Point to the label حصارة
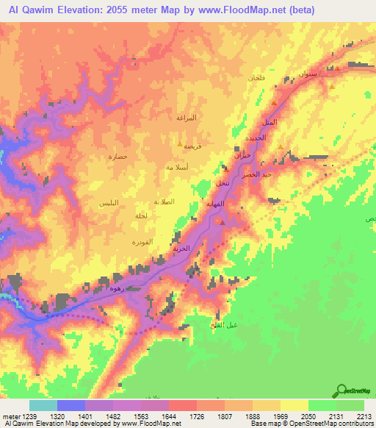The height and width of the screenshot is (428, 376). click(x=118, y=157)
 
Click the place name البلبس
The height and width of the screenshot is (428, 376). click(x=111, y=201)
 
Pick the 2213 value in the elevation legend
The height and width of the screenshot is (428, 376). click(x=360, y=416)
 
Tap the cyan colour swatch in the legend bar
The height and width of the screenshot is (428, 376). click(x=43, y=405)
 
